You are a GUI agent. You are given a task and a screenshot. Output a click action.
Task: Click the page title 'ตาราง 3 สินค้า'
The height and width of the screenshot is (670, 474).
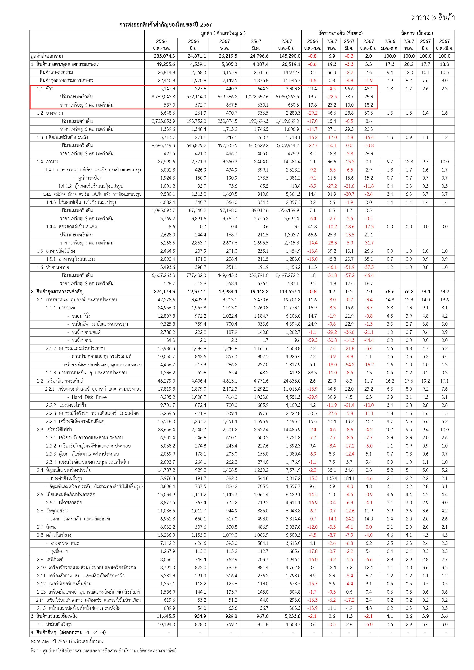pos(433,18)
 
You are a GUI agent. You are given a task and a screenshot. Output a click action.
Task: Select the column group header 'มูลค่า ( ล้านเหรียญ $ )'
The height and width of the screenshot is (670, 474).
pos(223,33)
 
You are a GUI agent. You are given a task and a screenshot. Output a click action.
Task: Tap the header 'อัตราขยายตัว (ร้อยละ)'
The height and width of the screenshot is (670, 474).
pos(340,33)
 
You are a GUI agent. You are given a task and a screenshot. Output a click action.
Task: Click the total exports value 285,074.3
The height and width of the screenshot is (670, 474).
pos(164,56)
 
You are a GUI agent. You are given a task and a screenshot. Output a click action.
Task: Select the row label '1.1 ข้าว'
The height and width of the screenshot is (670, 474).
pos(45,89)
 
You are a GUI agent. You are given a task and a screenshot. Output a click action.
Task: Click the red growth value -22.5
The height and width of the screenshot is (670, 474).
pos(332,97)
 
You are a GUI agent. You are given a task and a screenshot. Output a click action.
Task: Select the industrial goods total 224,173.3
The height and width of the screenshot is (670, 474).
pos(164,291)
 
